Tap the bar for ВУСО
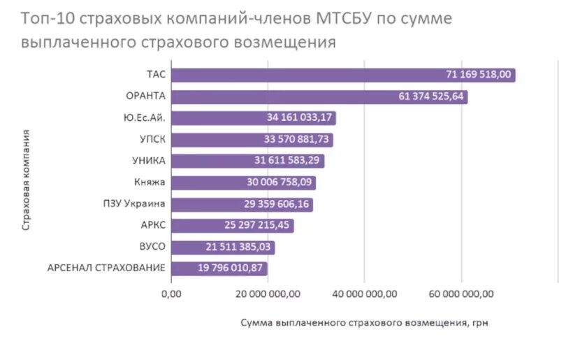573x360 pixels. coord(222,247)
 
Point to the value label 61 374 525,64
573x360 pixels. coord(431,96)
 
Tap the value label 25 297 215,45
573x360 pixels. coord(258,226)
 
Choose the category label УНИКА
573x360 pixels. coord(148,161)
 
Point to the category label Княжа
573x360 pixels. coord(150,182)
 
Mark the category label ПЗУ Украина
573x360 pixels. coord(133,204)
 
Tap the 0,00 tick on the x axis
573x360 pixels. coord(171,294)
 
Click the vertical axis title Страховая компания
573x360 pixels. coord(25,179)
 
